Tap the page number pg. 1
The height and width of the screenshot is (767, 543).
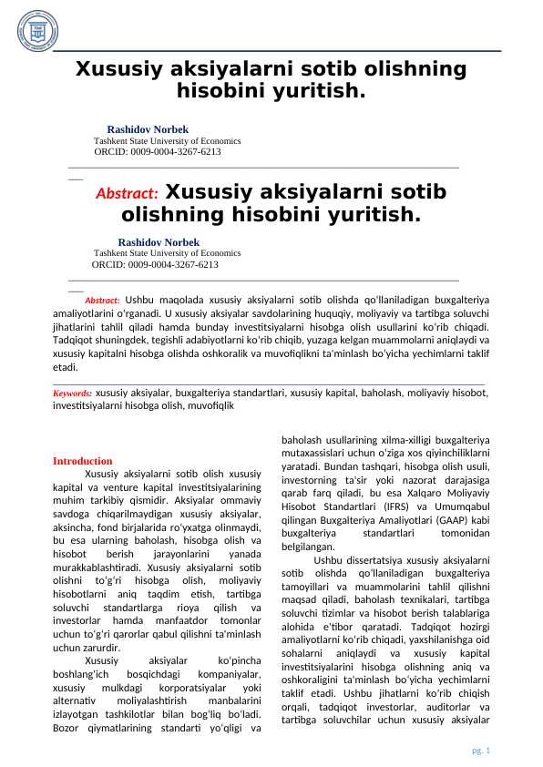pyautogui.click(x=480, y=750)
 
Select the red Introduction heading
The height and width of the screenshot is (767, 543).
pyautogui.click(x=83, y=461)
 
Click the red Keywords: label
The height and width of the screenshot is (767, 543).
pyautogui.click(x=73, y=394)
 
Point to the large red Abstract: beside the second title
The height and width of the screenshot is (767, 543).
pyautogui.click(x=127, y=194)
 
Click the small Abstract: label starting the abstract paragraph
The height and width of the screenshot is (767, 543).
pyautogui.click(x=102, y=300)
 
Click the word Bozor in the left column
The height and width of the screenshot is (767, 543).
pyautogui.click(x=66, y=727)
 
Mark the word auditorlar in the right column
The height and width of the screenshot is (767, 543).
pyautogui.click(x=440, y=708)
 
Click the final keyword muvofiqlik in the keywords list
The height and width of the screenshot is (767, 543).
pyautogui.click(x=211, y=406)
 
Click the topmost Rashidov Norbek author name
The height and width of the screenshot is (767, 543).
pyautogui.click(x=148, y=129)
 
